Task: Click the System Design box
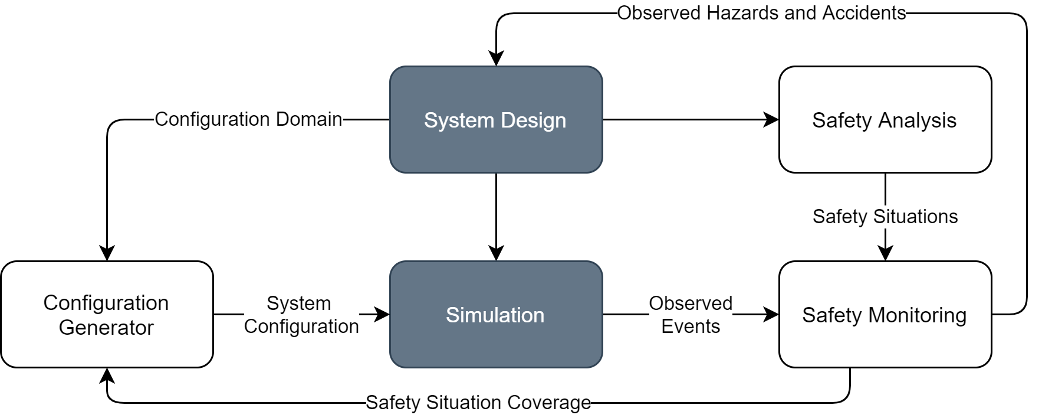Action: pyautogui.click(x=496, y=120)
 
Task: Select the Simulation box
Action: pyautogui.click(x=496, y=315)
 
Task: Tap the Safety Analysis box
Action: pyautogui.click(x=885, y=120)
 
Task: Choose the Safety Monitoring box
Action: pyautogui.click(x=885, y=315)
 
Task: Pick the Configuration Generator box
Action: pyautogui.click(x=107, y=315)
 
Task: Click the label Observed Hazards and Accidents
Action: pyautogui.click(x=761, y=13)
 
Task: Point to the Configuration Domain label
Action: pyautogui.click(x=248, y=119)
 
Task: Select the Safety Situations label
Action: pyautogui.click(x=885, y=217)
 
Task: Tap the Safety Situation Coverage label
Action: pyautogui.click(x=478, y=403)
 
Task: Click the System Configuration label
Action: pyautogui.click(x=301, y=315)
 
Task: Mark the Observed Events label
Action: pyautogui.click(x=691, y=315)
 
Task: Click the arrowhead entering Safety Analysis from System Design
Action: pyautogui.click(x=771, y=120)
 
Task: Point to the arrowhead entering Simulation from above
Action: pyautogui.click(x=496, y=253)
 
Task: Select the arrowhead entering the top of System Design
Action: pyautogui.click(x=496, y=58)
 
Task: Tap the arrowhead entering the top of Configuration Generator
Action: pyautogui.click(x=107, y=253)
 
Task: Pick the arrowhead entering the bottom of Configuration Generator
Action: pyautogui.click(x=107, y=375)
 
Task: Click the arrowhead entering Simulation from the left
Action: pyautogui.click(x=382, y=315)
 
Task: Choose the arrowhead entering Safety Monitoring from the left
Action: pyautogui.click(x=771, y=315)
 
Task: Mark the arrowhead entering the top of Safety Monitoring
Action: pyautogui.click(x=885, y=253)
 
